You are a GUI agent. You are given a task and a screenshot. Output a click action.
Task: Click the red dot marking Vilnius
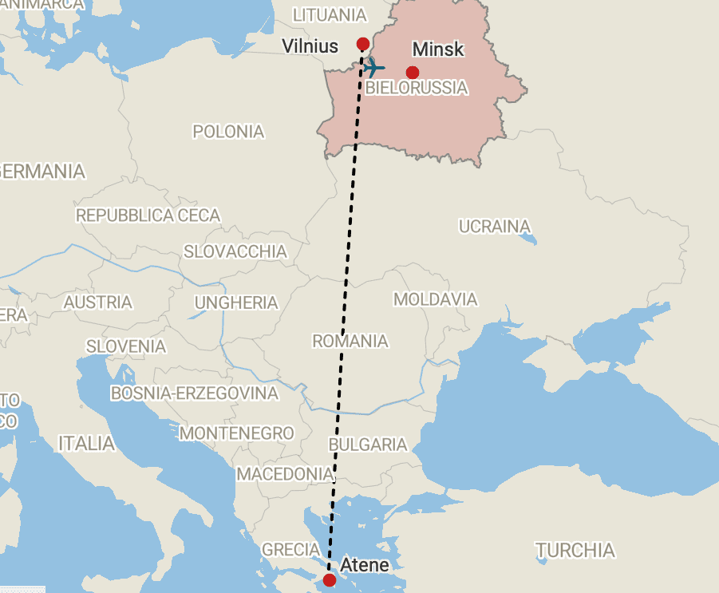pos(362,43)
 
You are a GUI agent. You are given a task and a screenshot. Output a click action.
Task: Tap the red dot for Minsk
pos(412,73)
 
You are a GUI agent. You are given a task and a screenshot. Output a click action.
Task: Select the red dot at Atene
pos(329,579)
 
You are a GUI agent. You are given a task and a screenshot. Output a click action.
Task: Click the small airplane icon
pos(373,67)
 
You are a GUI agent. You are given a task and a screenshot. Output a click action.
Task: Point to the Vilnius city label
pos(310,46)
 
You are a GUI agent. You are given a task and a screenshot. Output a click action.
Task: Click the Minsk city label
pos(438,49)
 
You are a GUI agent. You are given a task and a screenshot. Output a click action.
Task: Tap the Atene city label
pos(365,565)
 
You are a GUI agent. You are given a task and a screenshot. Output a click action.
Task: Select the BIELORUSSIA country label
pos(416,88)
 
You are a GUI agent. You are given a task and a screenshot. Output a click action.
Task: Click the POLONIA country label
pos(228,131)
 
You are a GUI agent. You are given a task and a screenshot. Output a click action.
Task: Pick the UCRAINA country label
pos(495,226)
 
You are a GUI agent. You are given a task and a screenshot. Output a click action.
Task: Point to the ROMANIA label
pos(350,341)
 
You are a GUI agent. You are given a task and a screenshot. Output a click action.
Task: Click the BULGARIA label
pos(368,445)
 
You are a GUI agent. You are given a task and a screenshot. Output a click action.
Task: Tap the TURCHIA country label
pos(575,550)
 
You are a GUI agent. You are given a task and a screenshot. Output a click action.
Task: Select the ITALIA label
pos(86,443)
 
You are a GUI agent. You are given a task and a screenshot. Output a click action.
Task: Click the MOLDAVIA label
pos(436,299)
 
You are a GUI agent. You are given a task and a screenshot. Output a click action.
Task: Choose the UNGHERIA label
pos(236,302)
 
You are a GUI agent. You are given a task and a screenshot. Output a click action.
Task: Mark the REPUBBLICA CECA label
pos(148,215)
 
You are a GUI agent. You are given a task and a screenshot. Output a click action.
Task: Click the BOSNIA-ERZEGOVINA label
pos(195,393)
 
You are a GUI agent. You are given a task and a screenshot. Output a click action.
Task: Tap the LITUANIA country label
pos(330,15)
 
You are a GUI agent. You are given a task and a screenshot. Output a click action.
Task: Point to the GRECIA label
pos(291,549)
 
